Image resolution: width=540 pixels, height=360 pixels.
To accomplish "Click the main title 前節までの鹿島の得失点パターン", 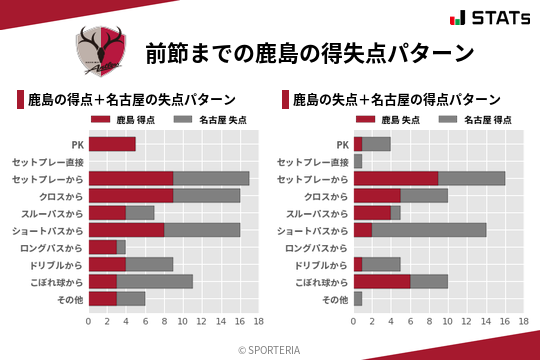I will (x=308, y=52).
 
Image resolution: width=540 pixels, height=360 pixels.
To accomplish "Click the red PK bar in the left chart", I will (x=112, y=144).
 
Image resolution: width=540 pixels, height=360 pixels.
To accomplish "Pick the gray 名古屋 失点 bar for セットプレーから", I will (x=211, y=178).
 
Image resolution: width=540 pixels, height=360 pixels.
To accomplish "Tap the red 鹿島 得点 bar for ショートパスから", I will (x=126, y=229).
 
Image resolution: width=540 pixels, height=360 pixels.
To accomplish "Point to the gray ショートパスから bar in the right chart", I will (x=429, y=229).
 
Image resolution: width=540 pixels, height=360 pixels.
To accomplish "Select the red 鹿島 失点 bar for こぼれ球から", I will (x=382, y=281).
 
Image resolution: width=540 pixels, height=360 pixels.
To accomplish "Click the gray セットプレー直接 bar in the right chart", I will (x=358, y=161).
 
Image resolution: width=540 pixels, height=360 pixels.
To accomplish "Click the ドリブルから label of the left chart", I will (x=56, y=264).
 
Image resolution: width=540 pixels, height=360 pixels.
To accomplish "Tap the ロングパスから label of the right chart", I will (x=317, y=247).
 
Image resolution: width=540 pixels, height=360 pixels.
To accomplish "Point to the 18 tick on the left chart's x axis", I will (x=258, y=321).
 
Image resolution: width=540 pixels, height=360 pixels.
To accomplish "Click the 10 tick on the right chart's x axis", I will (x=448, y=321).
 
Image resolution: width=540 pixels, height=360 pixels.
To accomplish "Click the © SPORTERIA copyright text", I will (x=270, y=349).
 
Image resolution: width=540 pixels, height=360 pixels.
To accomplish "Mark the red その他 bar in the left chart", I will (x=103, y=298).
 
